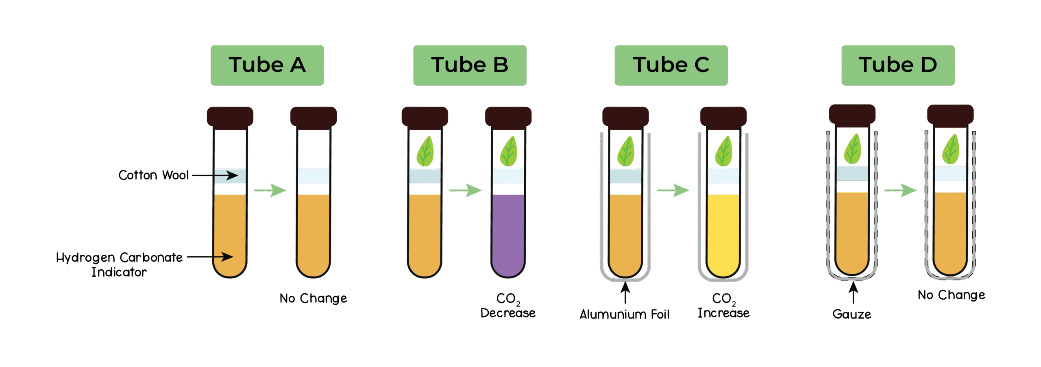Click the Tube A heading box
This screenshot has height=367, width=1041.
(x=267, y=65)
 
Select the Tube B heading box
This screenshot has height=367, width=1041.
(x=470, y=65)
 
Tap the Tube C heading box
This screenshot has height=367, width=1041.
(x=671, y=65)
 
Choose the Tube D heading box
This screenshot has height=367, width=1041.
(x=898, y=65)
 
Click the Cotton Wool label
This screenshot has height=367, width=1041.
(x=153, y=175)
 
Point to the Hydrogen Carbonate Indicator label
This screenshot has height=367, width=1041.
(x=119, y=264)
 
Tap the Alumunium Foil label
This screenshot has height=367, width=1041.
(x=625, y=315)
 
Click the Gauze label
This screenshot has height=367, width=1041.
(x=852, y=315)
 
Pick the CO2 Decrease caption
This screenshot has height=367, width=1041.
(x=508, y=306)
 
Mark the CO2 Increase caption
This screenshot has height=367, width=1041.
(x=723, y=306)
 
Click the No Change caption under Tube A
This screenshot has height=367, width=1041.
(x=313, y=299)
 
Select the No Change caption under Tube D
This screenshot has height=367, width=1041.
(x=951, y=295)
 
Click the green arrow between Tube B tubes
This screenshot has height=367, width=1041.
(x=466, y=190)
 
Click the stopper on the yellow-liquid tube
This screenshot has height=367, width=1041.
(x=723, y=117)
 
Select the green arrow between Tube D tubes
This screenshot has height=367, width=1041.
(x=901, y=190)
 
